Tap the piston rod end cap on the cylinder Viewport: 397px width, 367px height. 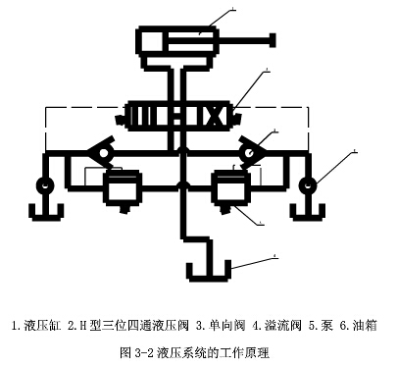(268, 41)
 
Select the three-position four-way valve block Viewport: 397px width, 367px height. (177, 115)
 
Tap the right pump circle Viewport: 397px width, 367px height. (309, 183)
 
